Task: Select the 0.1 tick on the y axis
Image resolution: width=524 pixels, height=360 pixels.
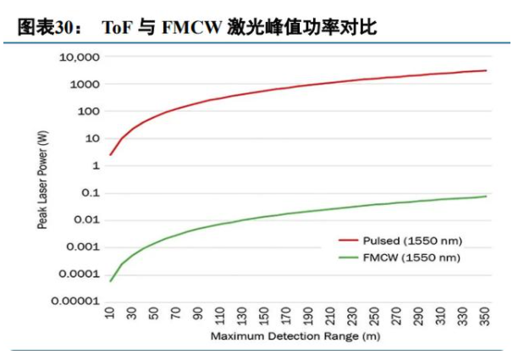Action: pos(91,193)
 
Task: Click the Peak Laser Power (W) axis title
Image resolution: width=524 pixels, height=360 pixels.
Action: pos(41,178)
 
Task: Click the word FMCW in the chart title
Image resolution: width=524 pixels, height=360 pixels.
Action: pos(190,27)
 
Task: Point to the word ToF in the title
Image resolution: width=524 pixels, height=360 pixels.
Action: pos(117,27)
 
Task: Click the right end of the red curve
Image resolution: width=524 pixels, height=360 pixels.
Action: pos(486,70)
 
